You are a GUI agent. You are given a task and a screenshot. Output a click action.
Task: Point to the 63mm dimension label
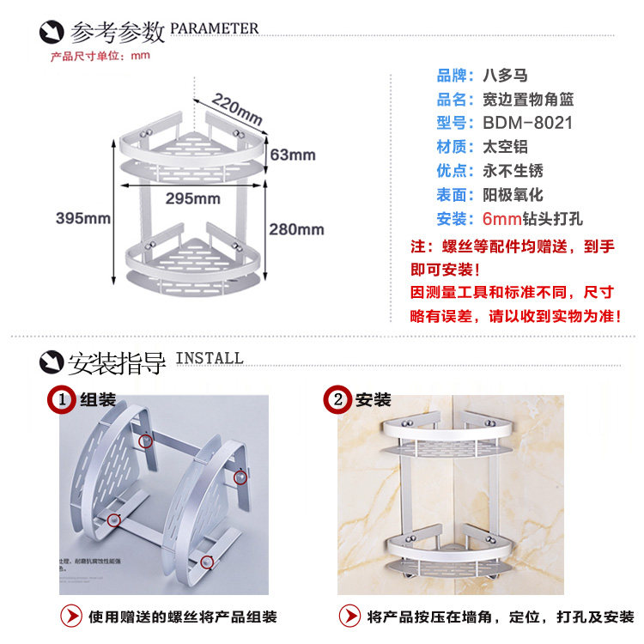pos(292,155)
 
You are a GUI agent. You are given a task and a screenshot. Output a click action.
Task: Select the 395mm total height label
pos(83,218)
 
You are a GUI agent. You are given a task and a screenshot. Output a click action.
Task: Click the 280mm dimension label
pos(296,229)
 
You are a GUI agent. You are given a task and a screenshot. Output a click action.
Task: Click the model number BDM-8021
pos(527,123)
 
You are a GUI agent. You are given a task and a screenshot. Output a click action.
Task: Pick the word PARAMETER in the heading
pos(215,29)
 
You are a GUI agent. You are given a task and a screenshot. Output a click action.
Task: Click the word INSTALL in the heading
pos(210,358)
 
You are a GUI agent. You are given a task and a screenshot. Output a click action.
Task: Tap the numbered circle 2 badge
pos(339,399)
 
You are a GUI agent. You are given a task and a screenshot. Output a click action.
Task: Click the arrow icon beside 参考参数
pos(52,33)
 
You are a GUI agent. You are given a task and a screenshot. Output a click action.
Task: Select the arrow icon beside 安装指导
pos(52,362)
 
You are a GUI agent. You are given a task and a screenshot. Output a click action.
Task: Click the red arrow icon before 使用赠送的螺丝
pos(71,616)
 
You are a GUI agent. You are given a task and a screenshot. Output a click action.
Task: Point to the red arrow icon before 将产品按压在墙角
pos(349,616)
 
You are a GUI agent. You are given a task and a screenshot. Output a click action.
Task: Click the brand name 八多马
pos(507,75)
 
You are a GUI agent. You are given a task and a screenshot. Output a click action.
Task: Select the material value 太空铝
pos(507,147)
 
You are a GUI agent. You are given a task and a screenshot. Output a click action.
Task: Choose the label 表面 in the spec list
pos(454,195)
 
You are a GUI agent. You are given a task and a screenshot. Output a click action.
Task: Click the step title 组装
pos(98,399)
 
